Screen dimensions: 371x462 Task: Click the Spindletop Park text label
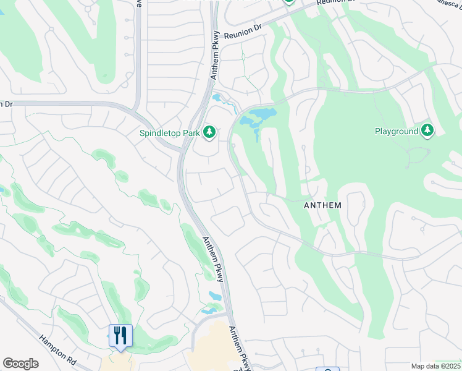170,132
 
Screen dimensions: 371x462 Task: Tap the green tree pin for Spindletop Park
209,131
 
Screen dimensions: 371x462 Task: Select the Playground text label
395,131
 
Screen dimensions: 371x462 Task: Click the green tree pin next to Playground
427,130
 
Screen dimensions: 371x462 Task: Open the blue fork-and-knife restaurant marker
120,336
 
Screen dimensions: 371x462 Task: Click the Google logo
21,364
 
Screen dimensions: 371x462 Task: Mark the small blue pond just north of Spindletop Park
217,97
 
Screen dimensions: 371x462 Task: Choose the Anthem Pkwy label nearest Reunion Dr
215,56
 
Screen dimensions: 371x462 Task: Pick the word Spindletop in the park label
160,132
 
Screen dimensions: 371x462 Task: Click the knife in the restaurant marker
124,335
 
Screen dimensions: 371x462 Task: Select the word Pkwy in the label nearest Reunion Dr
216,41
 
